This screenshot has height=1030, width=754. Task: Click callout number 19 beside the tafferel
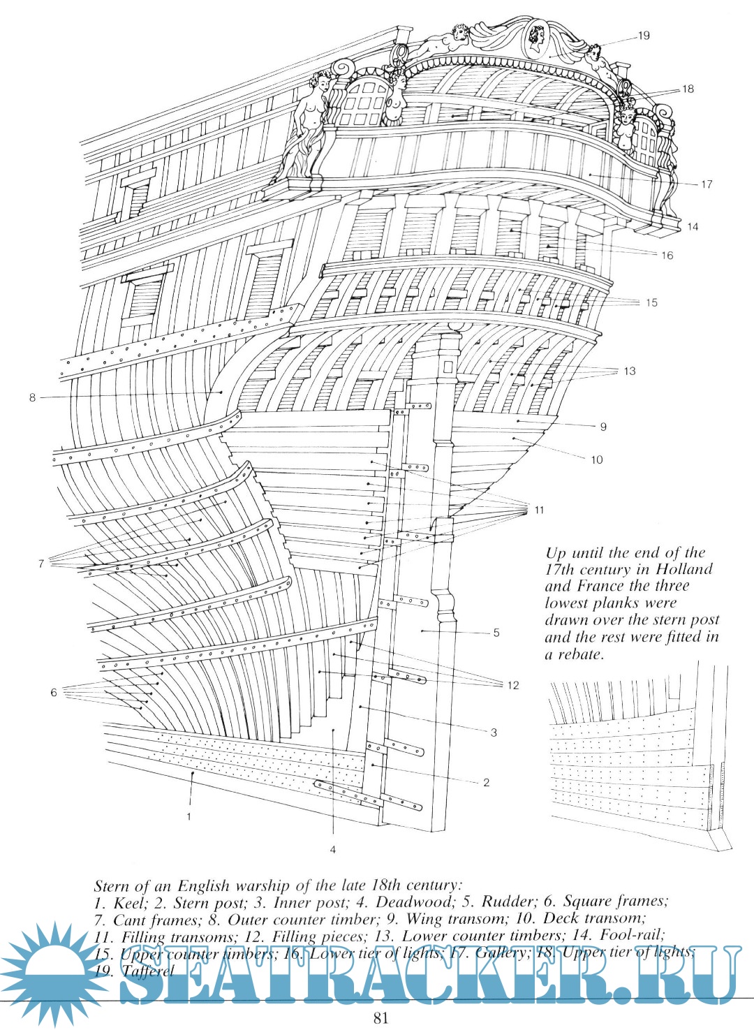point(643,35)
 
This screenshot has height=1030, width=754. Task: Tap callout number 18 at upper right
point(688,89)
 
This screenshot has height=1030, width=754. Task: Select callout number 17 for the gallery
point(707,184)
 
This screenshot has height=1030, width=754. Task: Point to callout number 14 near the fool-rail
point(692,226)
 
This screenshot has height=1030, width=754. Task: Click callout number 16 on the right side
point(667,256)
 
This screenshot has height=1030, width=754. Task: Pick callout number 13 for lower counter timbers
point(630,371)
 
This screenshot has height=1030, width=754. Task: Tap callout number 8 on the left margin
point(32,397)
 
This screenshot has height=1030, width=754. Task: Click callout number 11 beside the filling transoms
point(538,510)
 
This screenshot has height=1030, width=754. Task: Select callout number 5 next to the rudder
point(496,633)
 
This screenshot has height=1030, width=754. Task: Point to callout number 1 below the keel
point(188,814)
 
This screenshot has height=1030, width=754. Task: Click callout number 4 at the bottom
point(333,849)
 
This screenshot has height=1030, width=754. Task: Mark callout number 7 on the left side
point(41,563)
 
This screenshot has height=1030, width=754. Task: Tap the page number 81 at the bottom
point(380,1017)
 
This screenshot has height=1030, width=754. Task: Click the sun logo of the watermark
point(52,970)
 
